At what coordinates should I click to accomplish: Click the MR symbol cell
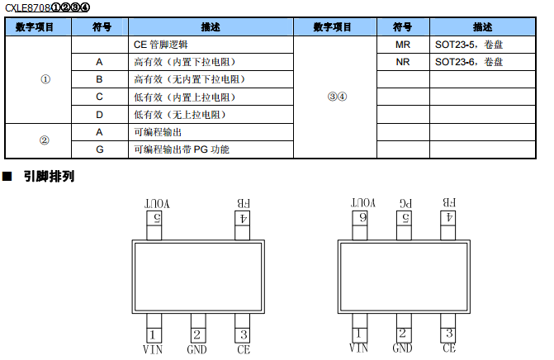pos(403,45)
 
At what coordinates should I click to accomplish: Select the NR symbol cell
pos(403,62)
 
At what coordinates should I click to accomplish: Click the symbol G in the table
pos(99,149)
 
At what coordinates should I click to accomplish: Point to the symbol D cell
pos(99,114)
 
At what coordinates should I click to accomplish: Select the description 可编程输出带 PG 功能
pos(181,149)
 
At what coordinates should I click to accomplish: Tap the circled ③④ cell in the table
pos(337,97)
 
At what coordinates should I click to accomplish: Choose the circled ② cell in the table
pos(45,140)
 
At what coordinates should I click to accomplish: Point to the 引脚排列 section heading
pos(49,176)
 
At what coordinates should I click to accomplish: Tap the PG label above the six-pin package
pos(403,202)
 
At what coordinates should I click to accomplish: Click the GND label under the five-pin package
pos(197,349)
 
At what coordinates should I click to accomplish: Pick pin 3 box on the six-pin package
pos(448,334)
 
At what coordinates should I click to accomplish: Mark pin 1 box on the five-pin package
pos(154,334)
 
